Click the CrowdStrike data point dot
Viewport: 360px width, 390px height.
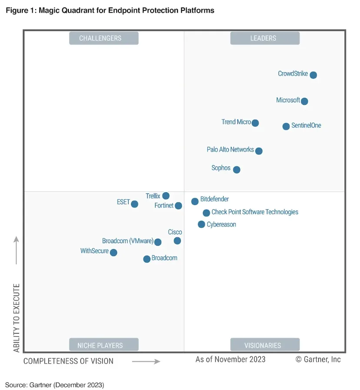(x=313, y=75)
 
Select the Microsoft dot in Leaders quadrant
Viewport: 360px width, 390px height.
(x=304, y=101)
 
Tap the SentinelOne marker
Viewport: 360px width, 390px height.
(x=286, y=127)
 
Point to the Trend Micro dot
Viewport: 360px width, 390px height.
(x=255, y=123)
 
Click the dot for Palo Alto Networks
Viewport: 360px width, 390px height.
(x=259, y=151)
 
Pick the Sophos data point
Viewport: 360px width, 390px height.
(x=237, y=170)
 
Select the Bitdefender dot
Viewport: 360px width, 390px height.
(x=195, y=201)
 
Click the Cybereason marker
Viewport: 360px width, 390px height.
(x=201, y=224)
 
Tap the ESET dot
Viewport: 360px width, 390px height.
(x=134, y=204)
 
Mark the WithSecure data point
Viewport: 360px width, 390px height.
(x=113, y=252)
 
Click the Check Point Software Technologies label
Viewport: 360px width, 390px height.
(x=255, y=212)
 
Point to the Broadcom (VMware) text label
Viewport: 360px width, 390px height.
(x=127, y=241)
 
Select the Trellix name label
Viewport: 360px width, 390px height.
(x=153, y=196)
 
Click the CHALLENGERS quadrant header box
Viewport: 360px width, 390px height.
(x=103, y=38)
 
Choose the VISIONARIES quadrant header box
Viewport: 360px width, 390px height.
(x=265, y=345)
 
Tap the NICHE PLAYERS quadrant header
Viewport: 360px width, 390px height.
(x=103, y=345)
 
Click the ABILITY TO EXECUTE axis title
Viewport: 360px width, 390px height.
(x=17, y=317)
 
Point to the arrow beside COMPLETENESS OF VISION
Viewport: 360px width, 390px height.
(x=146, y=361)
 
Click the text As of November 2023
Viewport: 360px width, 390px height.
(x=230, y=359)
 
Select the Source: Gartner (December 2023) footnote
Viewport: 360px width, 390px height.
(x=55, y=385)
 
